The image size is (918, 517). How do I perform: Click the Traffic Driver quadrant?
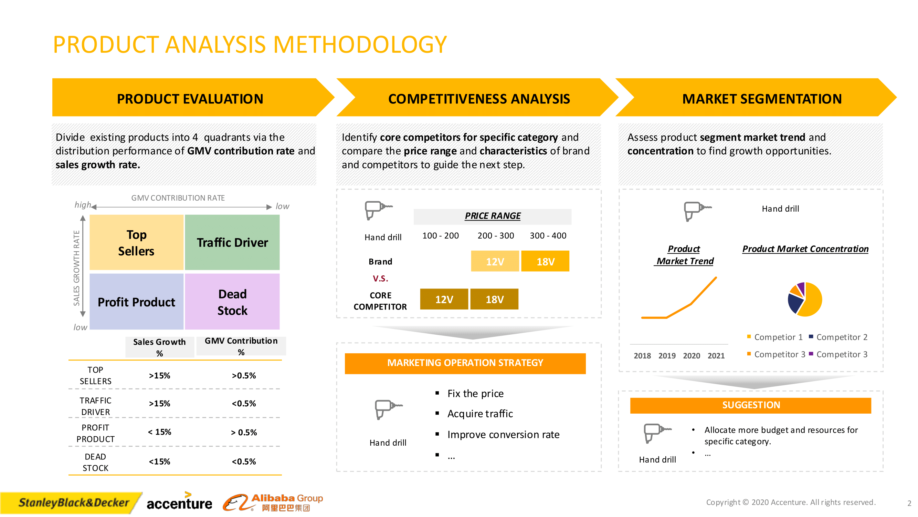pyautogui.click(x=232, y=242)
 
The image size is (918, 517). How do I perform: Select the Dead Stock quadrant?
pyautogui.click(x=232, y=302)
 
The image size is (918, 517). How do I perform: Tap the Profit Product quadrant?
pyautogui.click(x=137, y=302)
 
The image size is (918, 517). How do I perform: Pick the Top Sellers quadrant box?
pyautogui.click(x=137, y=242)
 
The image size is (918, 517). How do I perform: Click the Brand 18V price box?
pyautogui.click(x=545, y=261)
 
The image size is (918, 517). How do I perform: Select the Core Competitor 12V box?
pyautogui.click(x=444, y=299)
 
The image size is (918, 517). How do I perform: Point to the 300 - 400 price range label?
pyautogui.click(x=548, y=235)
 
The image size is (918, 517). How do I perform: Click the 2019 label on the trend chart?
pyautogui.click(x=667, y=356)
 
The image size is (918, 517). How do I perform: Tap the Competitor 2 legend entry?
pyautogui.click(x=838, y=337)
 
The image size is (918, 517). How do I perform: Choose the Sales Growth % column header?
pyautogui.click(x=159, y=347)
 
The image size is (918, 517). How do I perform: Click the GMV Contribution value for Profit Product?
pyautogui.click(x=244, y=433)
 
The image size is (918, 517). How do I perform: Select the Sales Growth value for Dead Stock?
pyautogui.click(x=159, y=462)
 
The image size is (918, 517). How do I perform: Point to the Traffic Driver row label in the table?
pyautogui.click(x=95, y=406)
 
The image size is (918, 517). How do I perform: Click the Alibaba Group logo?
pyautogui.click(x=273, y=503)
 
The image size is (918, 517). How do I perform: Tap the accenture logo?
pyautogui.click(x=179, y=501)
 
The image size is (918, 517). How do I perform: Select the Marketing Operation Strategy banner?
pyautogui.click(x=465, y=363)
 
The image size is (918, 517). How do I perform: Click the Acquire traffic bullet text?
pyautogui.click(x=480, y=414)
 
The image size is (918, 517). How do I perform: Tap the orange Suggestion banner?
pyautogui.click(x=750, y=405)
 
